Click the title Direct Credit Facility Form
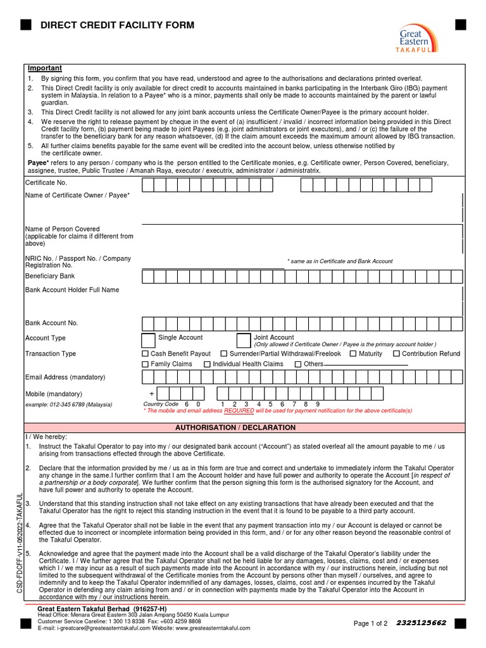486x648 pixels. (x=117, y=25)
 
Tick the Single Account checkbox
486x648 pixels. (x=148, y=340)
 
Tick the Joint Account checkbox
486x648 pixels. (x=243, y=340)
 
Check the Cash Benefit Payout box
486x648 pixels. (x=146, y=354)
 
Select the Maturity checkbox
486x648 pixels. (x=353, y=354)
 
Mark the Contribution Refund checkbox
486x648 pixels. (x=396, y=354)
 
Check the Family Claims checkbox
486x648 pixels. (x=146, y=364)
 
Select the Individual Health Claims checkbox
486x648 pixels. (x=207, y=364)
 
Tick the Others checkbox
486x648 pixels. (x=298, y=364)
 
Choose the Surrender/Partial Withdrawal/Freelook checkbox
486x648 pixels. (x=224, y=354)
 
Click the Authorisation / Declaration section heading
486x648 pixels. (x=235, y=428)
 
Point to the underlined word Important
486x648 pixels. (x=44, y=68)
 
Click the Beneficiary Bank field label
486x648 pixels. (x=50, y=276)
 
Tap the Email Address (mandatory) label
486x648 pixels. (x=65, y=377)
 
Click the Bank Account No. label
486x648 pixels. (x=52, y=323)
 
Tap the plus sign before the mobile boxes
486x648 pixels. (x=151, y=394)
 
